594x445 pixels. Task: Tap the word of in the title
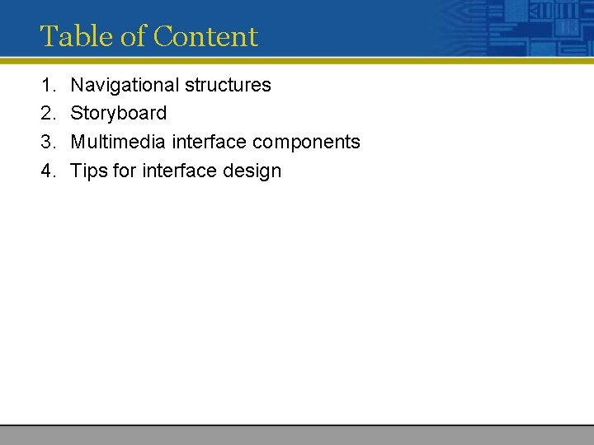pyautogui.click(x=130, y=36)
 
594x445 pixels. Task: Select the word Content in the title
pyautogui.click(x=205, y=36)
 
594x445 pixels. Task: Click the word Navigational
pyautogui.click(x=125, y=85)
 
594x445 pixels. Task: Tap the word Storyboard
pyautogui.click(x=119, y=114)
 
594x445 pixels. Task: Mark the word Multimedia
pyautogui.click(x=118, y=143)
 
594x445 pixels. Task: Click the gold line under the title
pyautogui.click(x=297, y=60)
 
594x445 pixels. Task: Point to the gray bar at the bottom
pyautogui.click(x=297, y=435)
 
